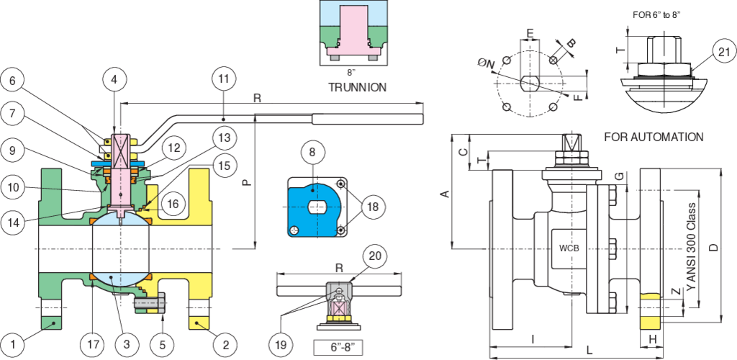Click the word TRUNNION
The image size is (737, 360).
click(x=357, y=87)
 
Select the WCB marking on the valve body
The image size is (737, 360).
click(x=569, y=248)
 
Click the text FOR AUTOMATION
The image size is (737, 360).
click(x=654, y=138)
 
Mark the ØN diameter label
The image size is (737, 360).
click(x=485, y=64)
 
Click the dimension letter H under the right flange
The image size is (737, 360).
click(x=652, y=339)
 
